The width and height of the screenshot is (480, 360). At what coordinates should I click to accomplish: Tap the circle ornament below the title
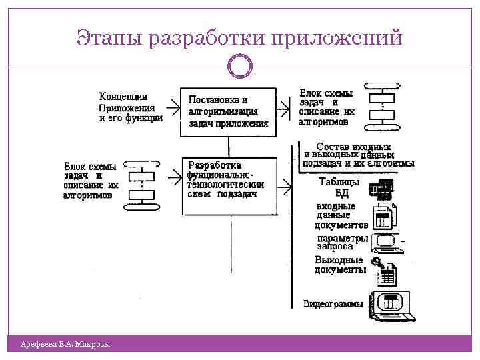tap(240, 67)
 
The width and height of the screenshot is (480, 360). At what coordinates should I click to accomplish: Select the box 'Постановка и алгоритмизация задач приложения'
tap(228, 112)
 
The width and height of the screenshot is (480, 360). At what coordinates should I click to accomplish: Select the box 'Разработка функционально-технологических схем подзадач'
tap(229, 185)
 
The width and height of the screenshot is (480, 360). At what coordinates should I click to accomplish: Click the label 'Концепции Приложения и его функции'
tap(131, 107)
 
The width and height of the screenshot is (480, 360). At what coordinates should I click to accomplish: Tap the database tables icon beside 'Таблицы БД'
tap(385, 189)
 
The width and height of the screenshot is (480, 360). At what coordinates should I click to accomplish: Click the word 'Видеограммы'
tap(333, 304)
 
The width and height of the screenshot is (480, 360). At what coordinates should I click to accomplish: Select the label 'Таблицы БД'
tap(341, 187)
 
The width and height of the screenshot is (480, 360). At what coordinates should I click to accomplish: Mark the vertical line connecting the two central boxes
tap(229, 147)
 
